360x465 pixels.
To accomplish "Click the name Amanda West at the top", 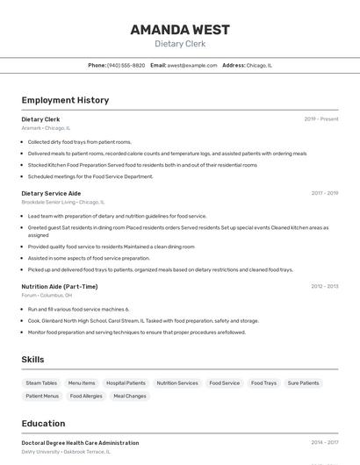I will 180,29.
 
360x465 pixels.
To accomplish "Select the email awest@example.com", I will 191,65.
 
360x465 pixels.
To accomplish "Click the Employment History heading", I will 65,100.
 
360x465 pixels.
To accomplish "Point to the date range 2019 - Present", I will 320,119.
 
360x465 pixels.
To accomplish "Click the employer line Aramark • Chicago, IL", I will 46,128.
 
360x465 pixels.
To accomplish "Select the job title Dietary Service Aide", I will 51,193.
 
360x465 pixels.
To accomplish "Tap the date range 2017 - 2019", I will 324,193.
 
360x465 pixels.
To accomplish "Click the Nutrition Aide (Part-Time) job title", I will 60,286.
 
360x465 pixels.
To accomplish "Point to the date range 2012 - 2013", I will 324,286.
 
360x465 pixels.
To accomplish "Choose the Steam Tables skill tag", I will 41,383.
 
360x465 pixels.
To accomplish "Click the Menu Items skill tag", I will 82,383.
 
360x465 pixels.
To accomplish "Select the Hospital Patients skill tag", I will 126,383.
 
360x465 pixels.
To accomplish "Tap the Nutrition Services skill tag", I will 177,383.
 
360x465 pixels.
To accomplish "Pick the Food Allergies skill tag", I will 86,397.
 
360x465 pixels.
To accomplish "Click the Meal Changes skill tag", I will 130,397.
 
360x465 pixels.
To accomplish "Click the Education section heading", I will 43,424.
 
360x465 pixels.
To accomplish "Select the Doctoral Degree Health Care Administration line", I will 80,443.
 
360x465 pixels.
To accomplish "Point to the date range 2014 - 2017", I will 324,443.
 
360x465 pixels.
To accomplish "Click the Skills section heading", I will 32,360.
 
